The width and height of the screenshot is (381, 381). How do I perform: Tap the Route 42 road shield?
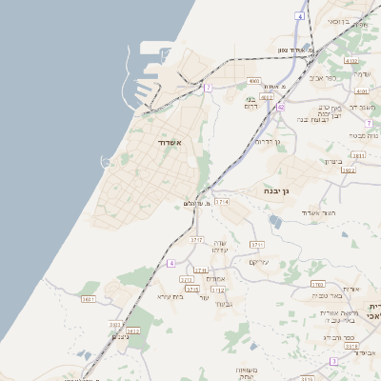(281, 108)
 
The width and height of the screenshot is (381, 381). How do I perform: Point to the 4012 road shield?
(268, 96)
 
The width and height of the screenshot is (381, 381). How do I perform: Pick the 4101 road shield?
(362, 90)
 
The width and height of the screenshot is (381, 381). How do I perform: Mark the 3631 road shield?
(89, 299)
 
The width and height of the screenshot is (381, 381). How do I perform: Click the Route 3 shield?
(333, 362)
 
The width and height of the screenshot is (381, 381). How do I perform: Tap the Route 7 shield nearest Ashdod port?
(208, 88)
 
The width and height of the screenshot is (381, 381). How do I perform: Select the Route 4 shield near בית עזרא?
(171, 263)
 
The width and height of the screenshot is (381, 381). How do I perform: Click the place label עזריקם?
(259, 262)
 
